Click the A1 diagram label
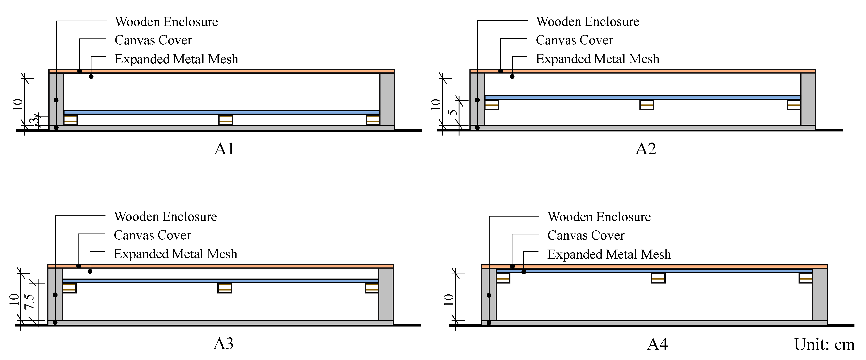pyautogui.click(x=224, y=149)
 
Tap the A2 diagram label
pyautogui.click(x=646, y=149)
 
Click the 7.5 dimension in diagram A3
pyautogui.click(x=30, y=301)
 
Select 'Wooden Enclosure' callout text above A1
pyautogui.click(x=166, y=22)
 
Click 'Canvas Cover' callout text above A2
pyautogui.click(x=574, y=40)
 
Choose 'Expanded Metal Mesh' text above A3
pyautogui.click(x=175, y=254)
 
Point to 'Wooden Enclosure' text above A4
pyautogui.click(x=599, y=217)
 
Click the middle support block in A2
pyautogui.click(x=646, y=105)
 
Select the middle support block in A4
pyautogui.click(x=658, y=278)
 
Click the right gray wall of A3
pyautogui.click(x=386, y=294)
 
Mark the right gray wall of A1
pyautogui.click(x=387, y=99)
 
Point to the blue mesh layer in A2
pyautogui.click(x=642, y=98)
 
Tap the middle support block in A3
pyautogui.click(x=225, y=288)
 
